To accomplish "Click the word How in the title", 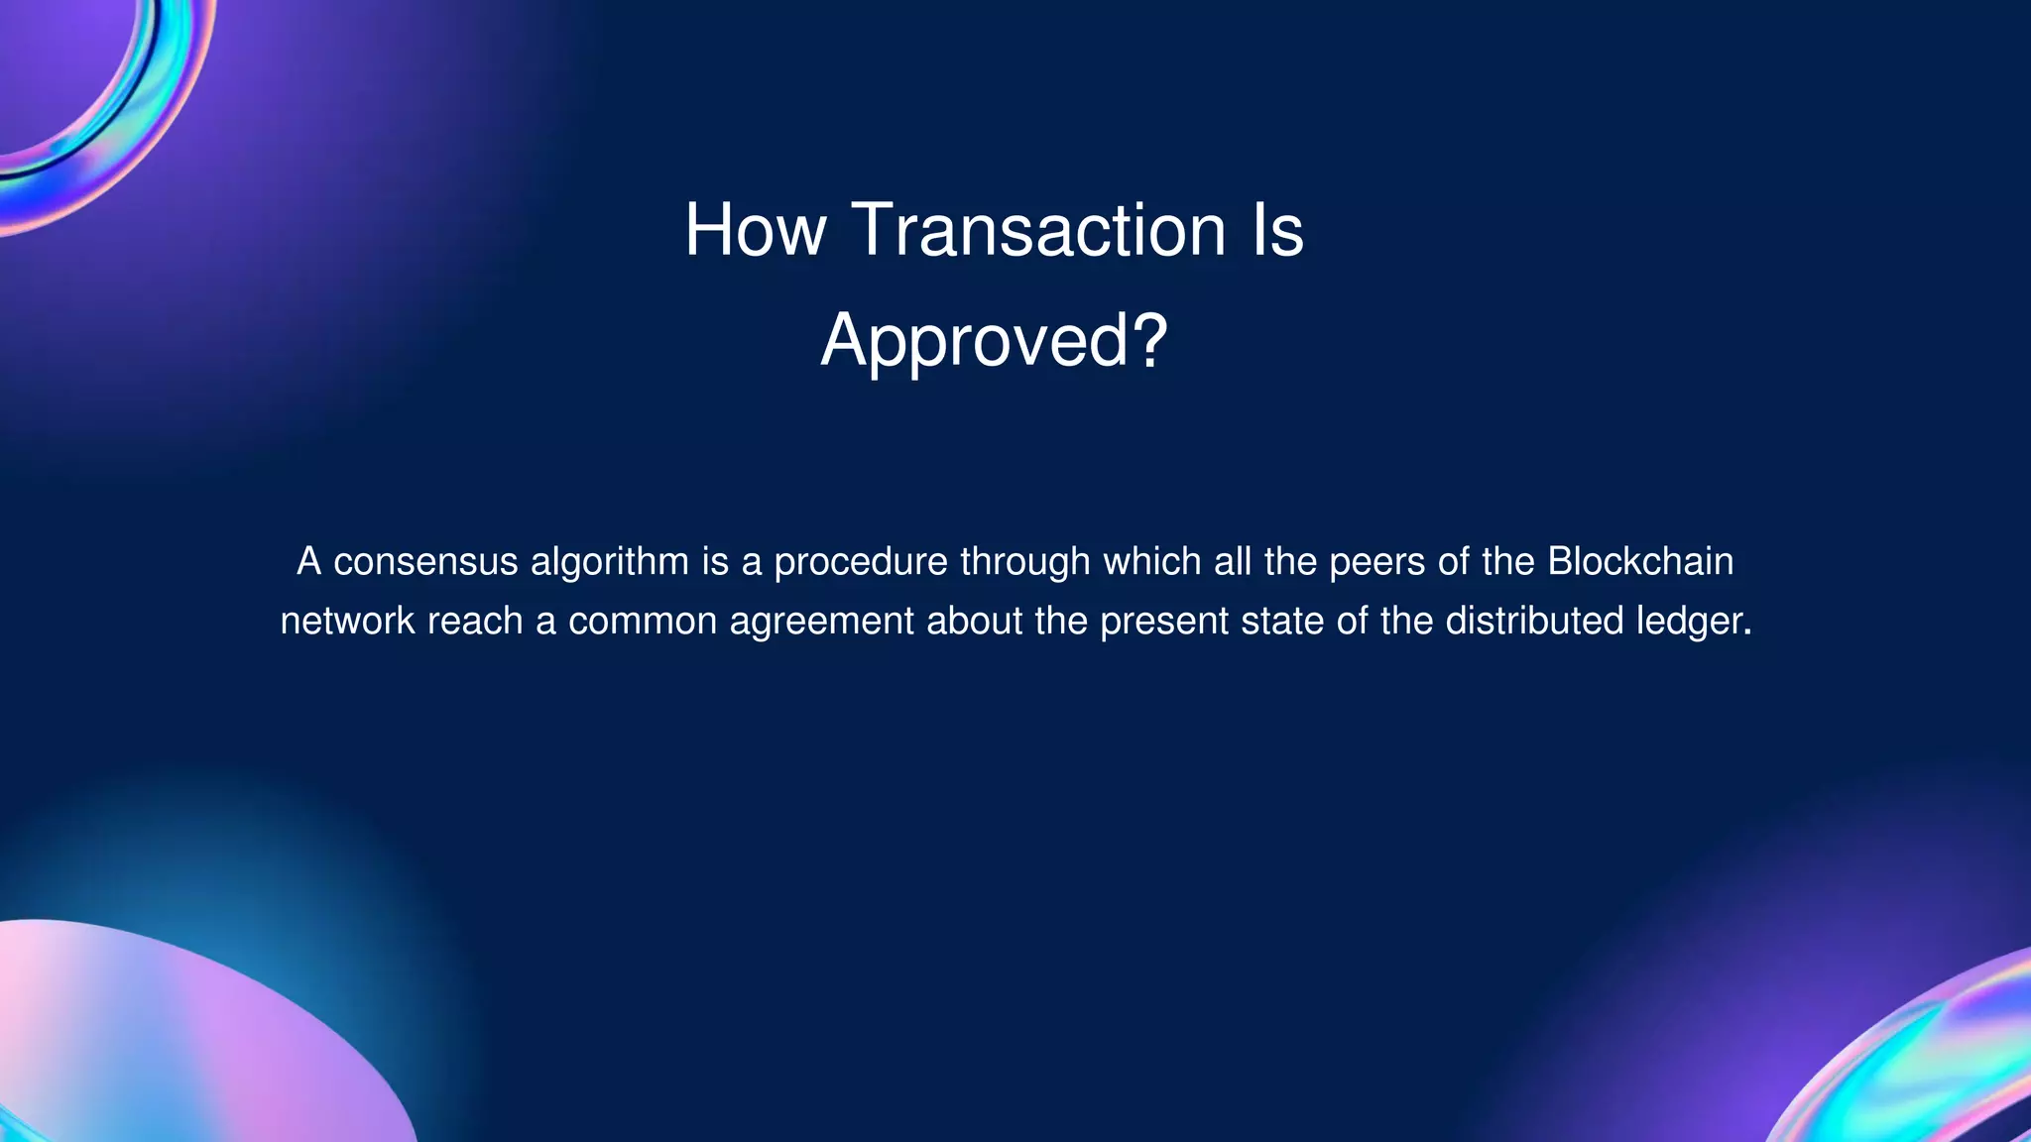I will click(755, 230).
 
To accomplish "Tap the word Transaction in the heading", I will click(1038, 230).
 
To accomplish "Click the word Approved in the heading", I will click(974, 341).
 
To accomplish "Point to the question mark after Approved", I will click(1148, 339).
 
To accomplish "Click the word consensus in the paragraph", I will click(425, 562).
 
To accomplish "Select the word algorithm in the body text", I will click(610, 562).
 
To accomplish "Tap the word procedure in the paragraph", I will click(861, 562).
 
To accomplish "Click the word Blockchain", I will click(1640, 562).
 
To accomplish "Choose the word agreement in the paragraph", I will click(821, 622).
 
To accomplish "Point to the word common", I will click(642, 622).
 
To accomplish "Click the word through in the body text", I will click(1025, 562).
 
